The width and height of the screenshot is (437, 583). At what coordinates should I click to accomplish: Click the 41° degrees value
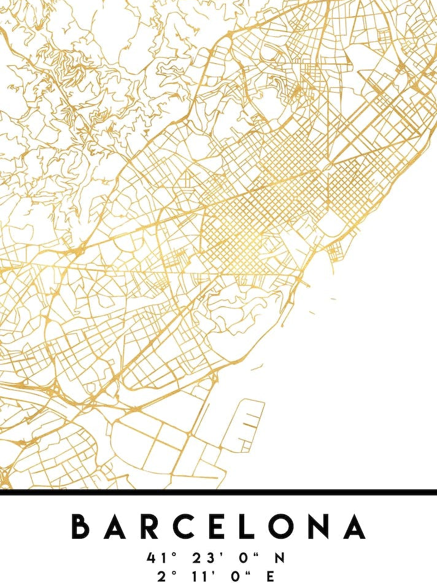pos(158,558)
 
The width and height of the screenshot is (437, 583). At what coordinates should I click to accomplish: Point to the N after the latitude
pos(279,558)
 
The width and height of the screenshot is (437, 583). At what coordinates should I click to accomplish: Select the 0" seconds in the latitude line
pos(244,558)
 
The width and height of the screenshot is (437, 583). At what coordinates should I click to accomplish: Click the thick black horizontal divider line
pos(218,491)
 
